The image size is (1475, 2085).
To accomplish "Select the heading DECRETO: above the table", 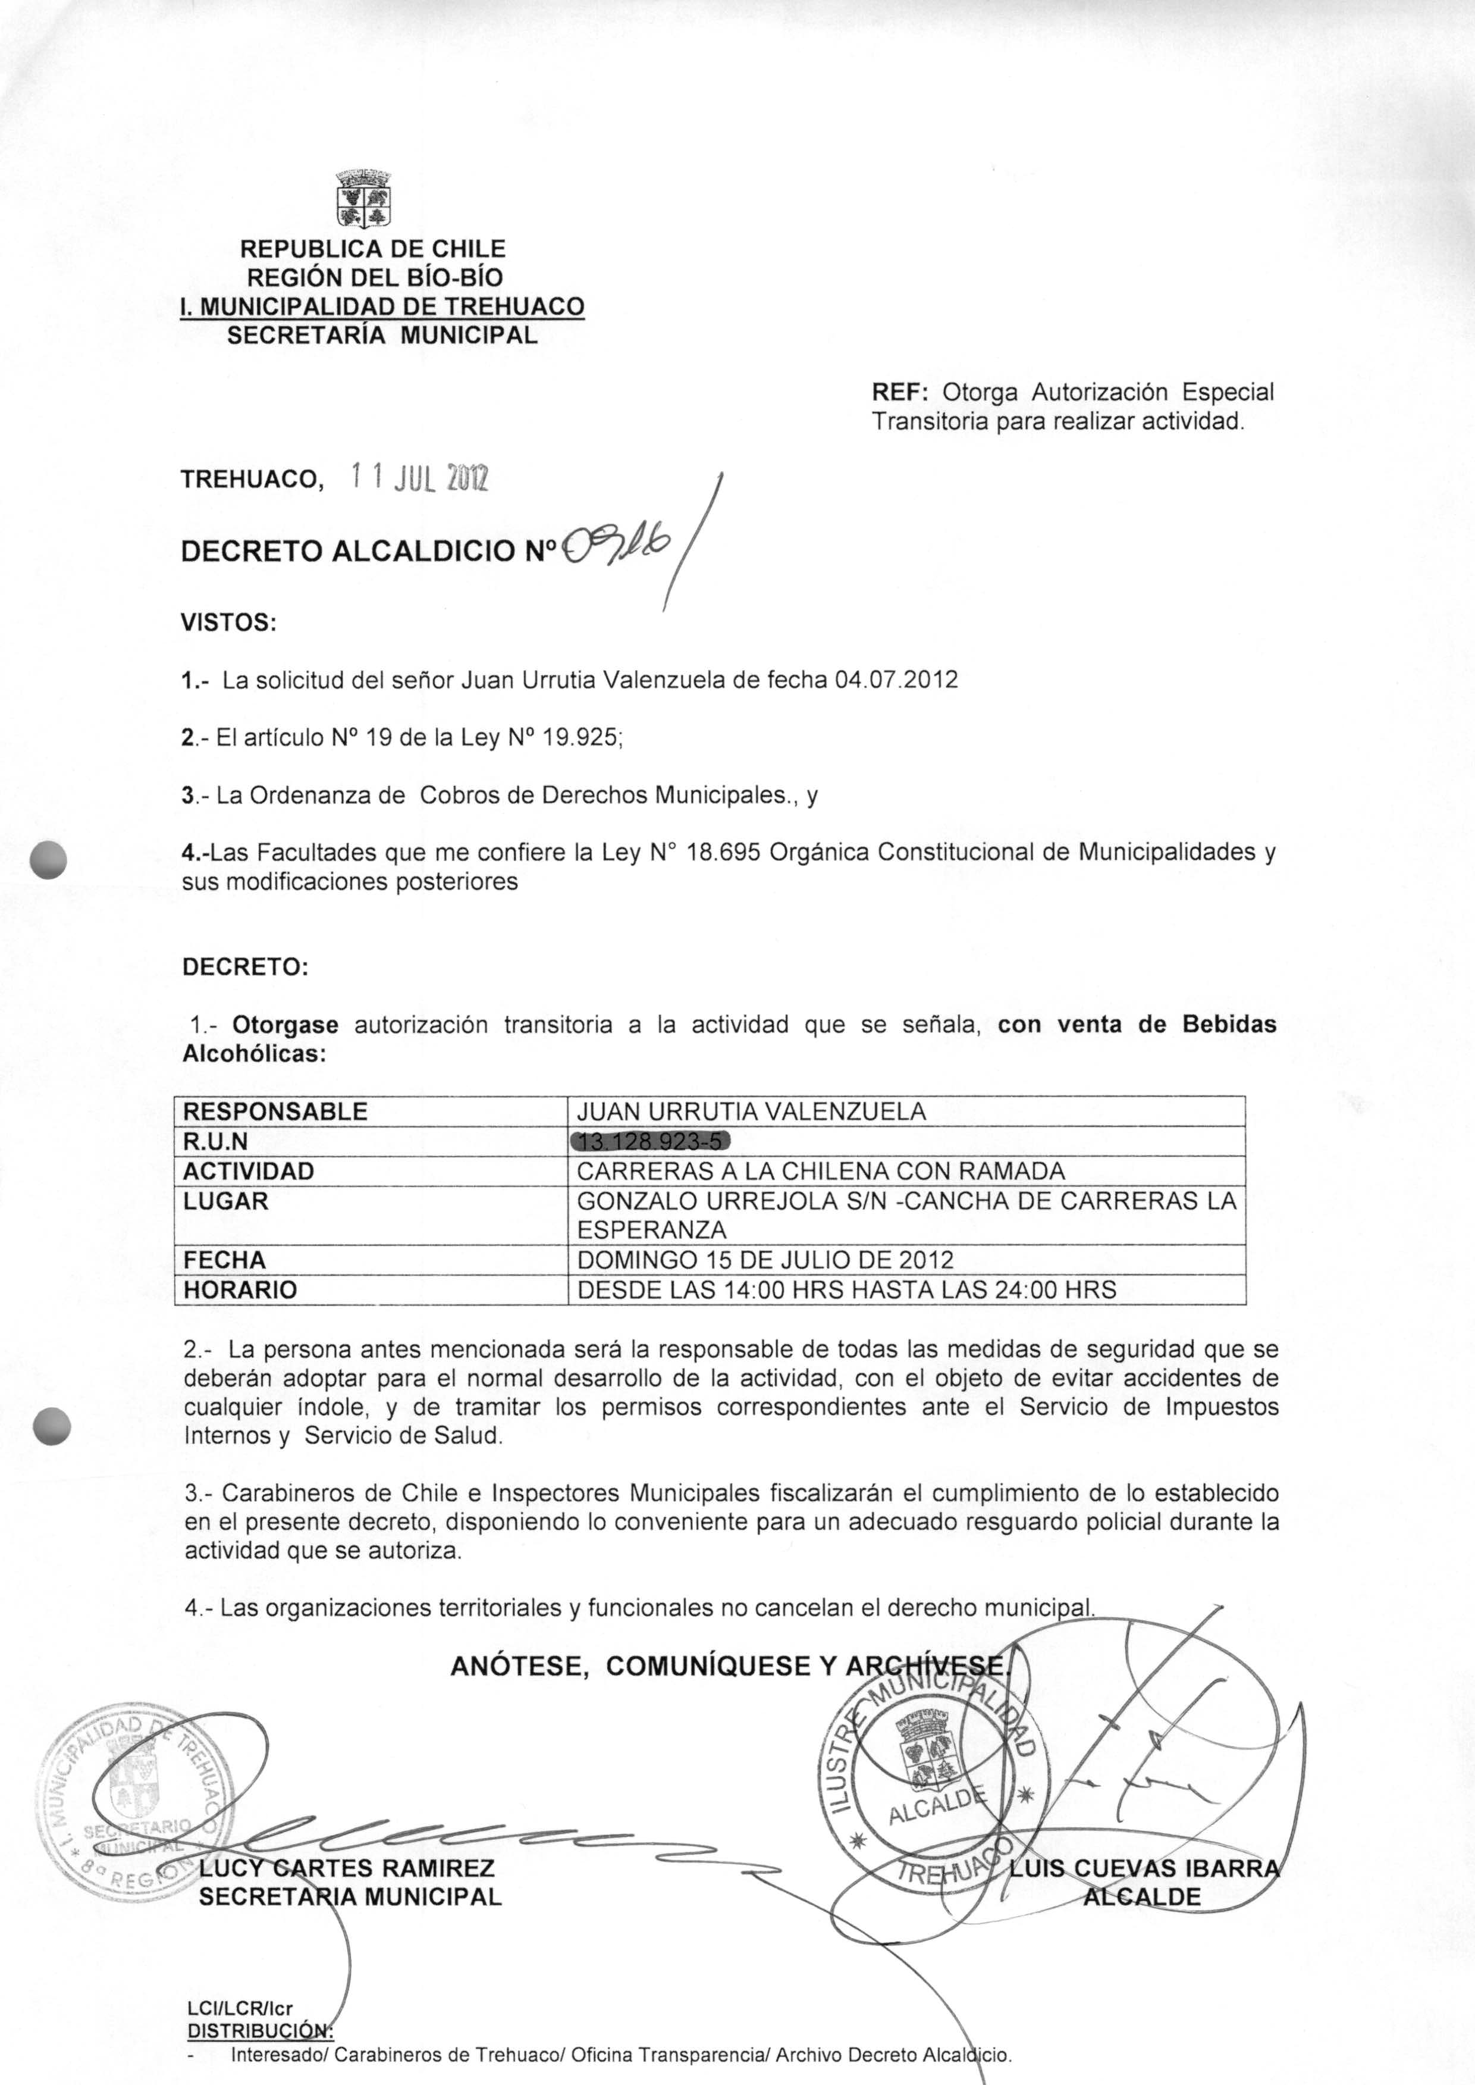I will [245, 967].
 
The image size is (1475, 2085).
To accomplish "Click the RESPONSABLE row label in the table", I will [275, 1111].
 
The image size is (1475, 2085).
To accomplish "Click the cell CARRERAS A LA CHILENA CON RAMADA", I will [820, 1171].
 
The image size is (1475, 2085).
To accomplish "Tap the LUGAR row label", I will [226, 1201].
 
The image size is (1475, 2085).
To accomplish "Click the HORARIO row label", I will [240, 1290].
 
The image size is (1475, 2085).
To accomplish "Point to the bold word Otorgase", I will [285, 1025].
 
